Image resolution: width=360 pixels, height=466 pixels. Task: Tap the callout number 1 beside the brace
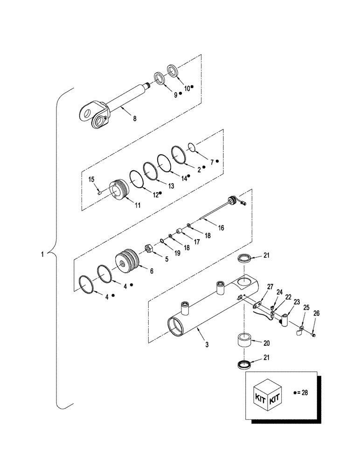pos(42,254)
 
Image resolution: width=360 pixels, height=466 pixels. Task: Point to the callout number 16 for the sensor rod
pos(221,228)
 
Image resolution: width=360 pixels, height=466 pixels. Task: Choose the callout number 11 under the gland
pos(125,205)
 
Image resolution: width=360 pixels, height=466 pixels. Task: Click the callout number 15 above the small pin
pos(91,179)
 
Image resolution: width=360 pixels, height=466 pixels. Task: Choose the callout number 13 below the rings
pos(171,185)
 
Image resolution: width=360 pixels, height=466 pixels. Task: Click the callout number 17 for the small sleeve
pos(196,242)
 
